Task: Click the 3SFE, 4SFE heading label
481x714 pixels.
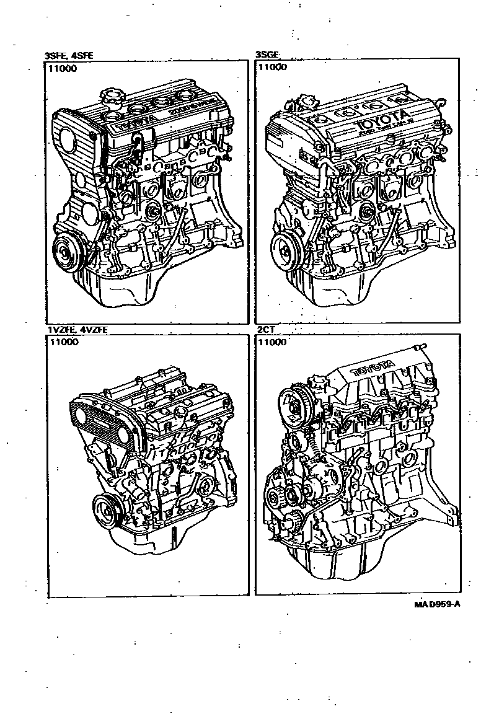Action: pyautogui.click(x=68, y=55)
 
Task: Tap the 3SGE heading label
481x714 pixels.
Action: pyautogui.click(x=267, y=55)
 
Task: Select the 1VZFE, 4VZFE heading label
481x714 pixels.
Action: pyautogui.click(x=77, y=330)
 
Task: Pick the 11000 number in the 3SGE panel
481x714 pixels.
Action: pyautogui.click(x=272, y=67)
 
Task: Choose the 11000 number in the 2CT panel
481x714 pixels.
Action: pyautogui.click(x=272, y=342)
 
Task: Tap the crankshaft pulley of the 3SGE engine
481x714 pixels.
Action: pyautogui.click(x=286, y=250)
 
